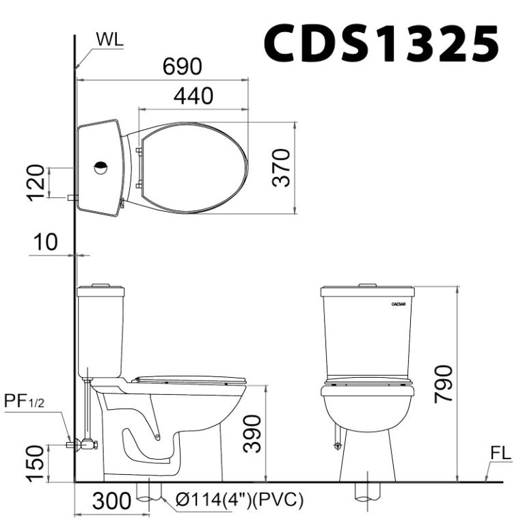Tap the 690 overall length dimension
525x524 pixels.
pos(183,66)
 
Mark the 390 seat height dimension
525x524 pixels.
pos(254,433)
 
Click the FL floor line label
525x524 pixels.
pos(501,453)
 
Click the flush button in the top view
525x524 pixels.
pos(100,166)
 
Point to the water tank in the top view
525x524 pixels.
pos(99,167)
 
